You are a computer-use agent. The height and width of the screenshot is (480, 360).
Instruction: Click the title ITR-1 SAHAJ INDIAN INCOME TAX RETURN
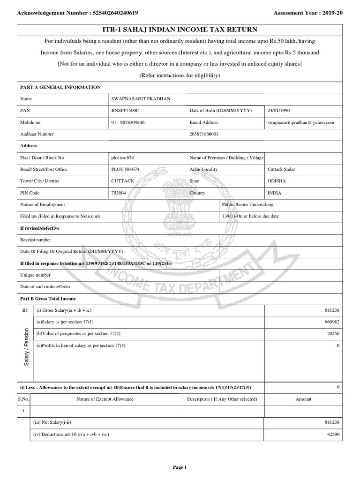(180, 30)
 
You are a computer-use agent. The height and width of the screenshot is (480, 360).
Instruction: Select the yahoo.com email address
(300, 122)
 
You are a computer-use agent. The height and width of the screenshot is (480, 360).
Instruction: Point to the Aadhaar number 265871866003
(204, 134)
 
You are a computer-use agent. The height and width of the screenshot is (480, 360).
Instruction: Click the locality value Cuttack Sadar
(281, 169)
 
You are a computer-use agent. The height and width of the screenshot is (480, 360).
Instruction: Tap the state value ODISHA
(277, 181)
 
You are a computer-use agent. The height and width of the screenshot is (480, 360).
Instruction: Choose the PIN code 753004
(119, 193)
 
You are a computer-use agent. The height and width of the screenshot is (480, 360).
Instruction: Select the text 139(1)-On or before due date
(250, 216)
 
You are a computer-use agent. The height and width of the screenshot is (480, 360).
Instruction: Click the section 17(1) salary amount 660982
(331, 322)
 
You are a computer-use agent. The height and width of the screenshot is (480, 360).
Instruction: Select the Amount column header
(303, 399)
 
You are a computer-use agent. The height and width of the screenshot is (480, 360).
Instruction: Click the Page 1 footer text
(180, 467)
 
